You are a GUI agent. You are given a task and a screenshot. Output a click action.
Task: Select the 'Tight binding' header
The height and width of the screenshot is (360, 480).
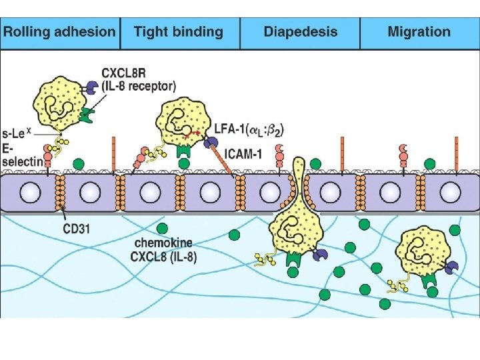[x=179, y=32]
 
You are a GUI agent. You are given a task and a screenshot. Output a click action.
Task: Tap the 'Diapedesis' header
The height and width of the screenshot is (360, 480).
[x=300, y=32]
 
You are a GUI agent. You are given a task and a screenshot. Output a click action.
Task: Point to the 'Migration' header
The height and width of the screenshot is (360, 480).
[x=419, y=32]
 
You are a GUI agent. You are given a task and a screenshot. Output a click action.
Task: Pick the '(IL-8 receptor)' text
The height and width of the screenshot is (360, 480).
[x=139, y=86]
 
